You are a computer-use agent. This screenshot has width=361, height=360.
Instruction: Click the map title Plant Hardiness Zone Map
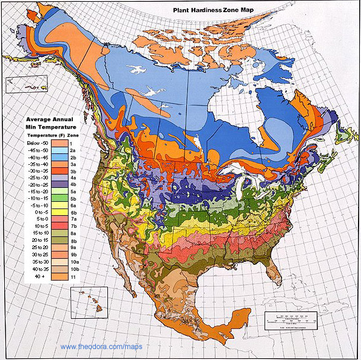(x=221, y=10)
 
